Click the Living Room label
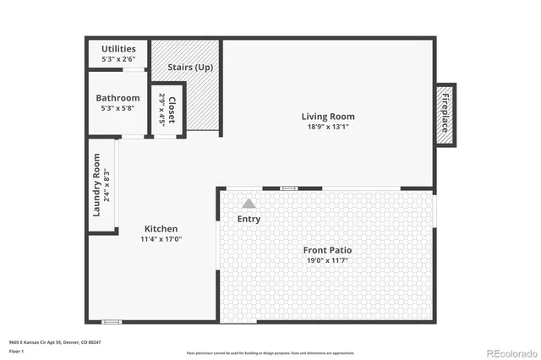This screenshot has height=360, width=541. [328, 117]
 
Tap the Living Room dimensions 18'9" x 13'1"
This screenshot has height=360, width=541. [328, 128]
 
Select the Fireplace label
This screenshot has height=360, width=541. [444, 113]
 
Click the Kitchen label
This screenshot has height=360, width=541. [161, 229]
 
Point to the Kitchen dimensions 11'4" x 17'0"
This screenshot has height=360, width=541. [161, 240]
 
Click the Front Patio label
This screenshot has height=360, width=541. [328, 250]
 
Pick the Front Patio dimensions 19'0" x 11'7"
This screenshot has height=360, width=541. [328, 261]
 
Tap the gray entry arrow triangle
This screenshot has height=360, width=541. [249, 204]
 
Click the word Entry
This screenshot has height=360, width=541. [249, 219]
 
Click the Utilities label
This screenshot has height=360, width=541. [118, 49]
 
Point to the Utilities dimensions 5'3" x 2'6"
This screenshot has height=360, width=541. [118, 60]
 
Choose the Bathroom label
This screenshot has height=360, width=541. [117, 98]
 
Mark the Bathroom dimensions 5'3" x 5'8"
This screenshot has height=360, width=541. [117, 109]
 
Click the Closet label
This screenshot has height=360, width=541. [172, 110]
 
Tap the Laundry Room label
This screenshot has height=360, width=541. [97, 184]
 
